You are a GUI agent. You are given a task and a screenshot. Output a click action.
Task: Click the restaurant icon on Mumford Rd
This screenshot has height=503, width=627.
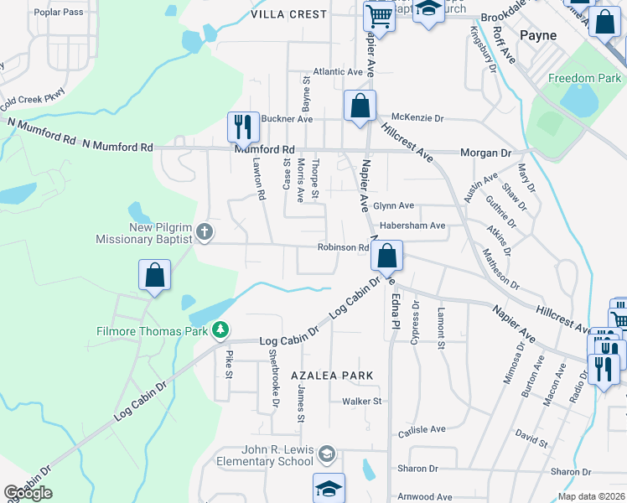tap(243, 127)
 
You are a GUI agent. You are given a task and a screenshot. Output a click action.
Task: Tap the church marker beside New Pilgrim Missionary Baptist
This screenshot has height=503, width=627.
tap(204, 231)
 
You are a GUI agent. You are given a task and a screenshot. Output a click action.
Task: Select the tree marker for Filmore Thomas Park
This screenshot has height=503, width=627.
tap(220, 330)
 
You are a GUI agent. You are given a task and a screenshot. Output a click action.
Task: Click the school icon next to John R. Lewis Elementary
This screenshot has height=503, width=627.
tap(326, 455)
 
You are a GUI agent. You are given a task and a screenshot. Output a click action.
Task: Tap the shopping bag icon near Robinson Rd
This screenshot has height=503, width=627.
tap(387, 257)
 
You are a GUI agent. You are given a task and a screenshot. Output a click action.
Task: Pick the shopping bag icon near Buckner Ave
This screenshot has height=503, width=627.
tap(360, 106)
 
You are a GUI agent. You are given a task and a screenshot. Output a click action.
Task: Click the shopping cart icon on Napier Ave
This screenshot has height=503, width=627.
tap(380, 16)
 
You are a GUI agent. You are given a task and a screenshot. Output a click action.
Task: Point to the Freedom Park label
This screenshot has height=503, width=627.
tap(584, 78)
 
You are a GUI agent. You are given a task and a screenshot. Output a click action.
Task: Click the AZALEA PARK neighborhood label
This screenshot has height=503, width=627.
tap(331, 376)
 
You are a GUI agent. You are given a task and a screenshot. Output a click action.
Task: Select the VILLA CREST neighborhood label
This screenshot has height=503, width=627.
tap(289, 14)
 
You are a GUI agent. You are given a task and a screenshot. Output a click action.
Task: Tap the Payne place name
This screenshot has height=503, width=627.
tap(537, 35)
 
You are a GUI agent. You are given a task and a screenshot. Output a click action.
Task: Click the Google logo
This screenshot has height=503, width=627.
tap(28, 493)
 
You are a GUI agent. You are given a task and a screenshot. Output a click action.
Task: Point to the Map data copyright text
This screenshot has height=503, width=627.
tap(588, 495)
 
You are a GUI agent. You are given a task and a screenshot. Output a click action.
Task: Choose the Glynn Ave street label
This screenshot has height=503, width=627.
tap(394, 205)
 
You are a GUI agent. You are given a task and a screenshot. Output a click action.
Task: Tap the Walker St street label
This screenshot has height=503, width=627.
tap(361, 402)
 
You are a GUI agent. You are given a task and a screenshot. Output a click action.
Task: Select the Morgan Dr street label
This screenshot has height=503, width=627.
tap(485, 153)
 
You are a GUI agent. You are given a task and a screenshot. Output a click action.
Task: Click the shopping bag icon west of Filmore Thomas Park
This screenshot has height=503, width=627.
tap(155, 276)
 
